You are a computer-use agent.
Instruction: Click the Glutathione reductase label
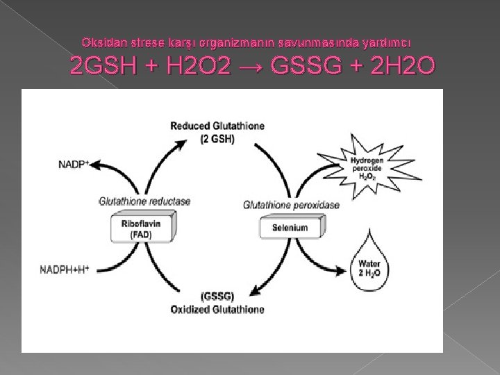pyautogui.click(x=144, y=202)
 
